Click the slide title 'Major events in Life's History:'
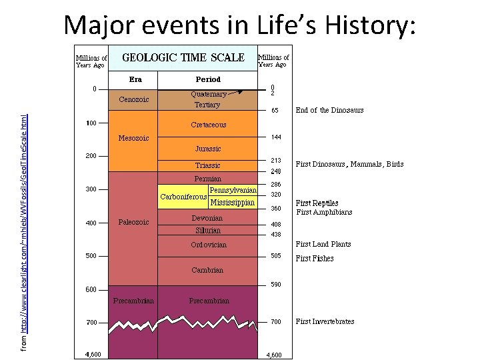(240, 25)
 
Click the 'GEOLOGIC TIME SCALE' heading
(183, 57)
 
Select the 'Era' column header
(134, 79)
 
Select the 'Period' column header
(207, 79)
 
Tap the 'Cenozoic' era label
(134, 100)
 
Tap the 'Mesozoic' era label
(134, 139)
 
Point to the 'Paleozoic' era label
(134, 222)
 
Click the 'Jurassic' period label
(208, 149)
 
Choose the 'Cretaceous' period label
(209, 125)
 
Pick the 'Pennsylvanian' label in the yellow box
(233, 191)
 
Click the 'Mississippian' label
(232, 202)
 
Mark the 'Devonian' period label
(207, 218)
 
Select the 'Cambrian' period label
(208, 270)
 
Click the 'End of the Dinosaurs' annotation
(329, 110)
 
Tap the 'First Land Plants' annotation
(323, 244)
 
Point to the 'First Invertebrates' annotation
(325, 321)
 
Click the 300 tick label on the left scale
(91, 189)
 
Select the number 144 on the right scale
(276, 137)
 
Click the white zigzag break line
(183, 326)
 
